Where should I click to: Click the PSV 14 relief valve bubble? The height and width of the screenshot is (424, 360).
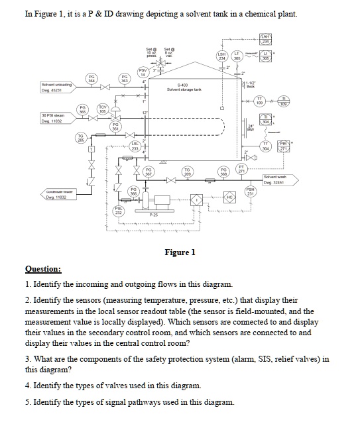tap(142, 74)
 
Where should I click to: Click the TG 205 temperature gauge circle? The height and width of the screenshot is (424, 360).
tap(79, 138)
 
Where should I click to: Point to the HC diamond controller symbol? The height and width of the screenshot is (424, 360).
tap(229, 198)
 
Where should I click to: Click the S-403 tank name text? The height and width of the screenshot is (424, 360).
tap(184, 85)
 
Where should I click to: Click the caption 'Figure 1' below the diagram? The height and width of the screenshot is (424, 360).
tap(180, 252)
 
